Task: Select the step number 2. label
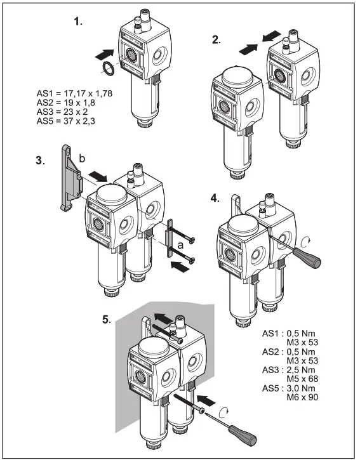[217, 39]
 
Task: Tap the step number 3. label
[40, 161]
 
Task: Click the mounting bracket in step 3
[68, 178]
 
